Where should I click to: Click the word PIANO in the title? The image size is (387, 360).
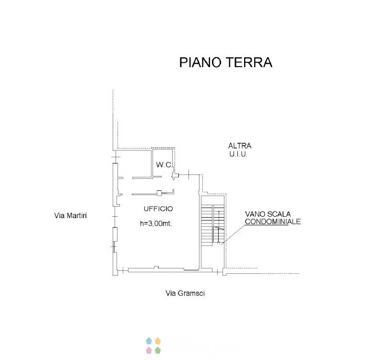[200, 62]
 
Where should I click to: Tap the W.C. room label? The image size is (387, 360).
[164, 164]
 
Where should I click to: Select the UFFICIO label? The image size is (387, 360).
[158, 209]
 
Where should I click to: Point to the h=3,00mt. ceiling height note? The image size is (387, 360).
[156, 223]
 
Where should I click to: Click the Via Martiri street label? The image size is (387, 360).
[70, 216]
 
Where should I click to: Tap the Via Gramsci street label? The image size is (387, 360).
[185, 293]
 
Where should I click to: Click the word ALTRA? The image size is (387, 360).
[240, 146]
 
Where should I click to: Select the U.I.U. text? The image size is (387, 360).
[238, 154]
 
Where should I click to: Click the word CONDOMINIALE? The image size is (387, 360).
[273, 221]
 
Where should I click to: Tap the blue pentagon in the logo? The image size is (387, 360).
[149, 341]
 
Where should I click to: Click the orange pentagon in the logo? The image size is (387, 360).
[158, 341]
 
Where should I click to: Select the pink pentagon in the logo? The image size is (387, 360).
[149, 350]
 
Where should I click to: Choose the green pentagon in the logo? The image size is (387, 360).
[158, 350]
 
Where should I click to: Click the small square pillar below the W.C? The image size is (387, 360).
[159, 193]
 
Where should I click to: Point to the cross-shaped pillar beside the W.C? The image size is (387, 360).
[175, 175]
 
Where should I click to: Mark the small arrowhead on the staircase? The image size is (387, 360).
[219, 212]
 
